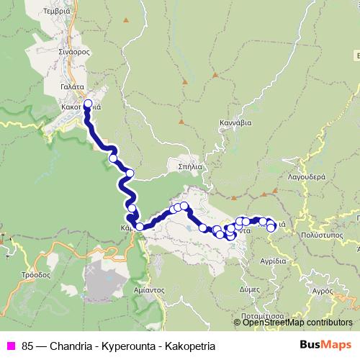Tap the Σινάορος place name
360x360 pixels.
[x=74, y=52]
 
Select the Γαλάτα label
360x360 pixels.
[x=74, y=86]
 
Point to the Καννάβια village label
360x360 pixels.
[x=236, y=122]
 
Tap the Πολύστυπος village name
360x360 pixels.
[x=321, y=235]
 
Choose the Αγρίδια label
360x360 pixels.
[x=274, y=261]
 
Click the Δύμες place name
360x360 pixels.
[x=249, y=287]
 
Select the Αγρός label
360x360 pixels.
[x=320, y=292]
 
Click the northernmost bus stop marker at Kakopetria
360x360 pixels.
[x=89, y=104]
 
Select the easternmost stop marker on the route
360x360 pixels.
[x=271, y=228]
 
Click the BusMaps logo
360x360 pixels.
[x=320, y=346]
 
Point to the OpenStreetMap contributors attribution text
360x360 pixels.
[x=297, y=322]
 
